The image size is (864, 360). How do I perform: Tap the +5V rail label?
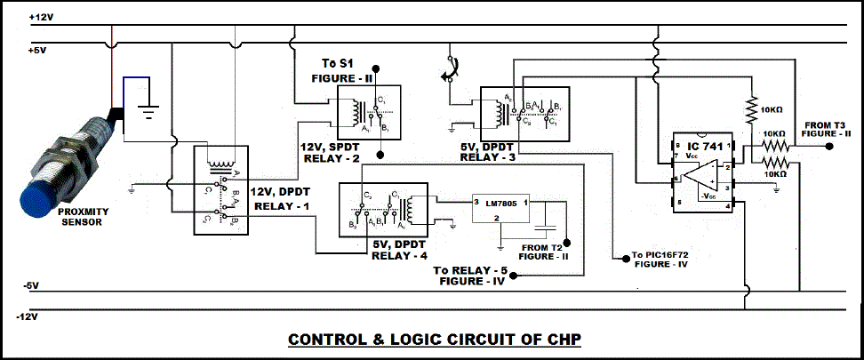(x=37, y=52)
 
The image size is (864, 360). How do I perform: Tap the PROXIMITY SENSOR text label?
(x=82, y=218)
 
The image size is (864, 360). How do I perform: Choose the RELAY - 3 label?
(x=490, y=156)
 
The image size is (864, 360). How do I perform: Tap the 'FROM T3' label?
(x=827, y=124)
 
